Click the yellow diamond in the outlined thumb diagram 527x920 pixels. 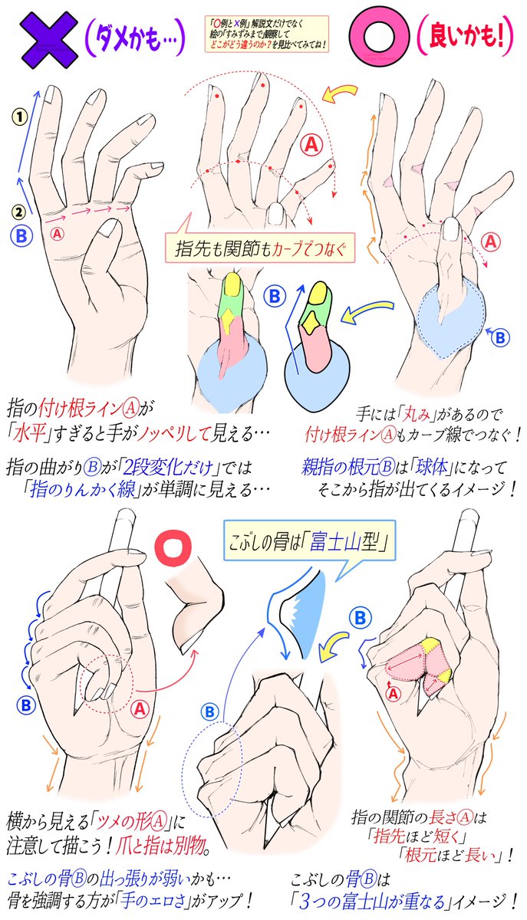(311, 323)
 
